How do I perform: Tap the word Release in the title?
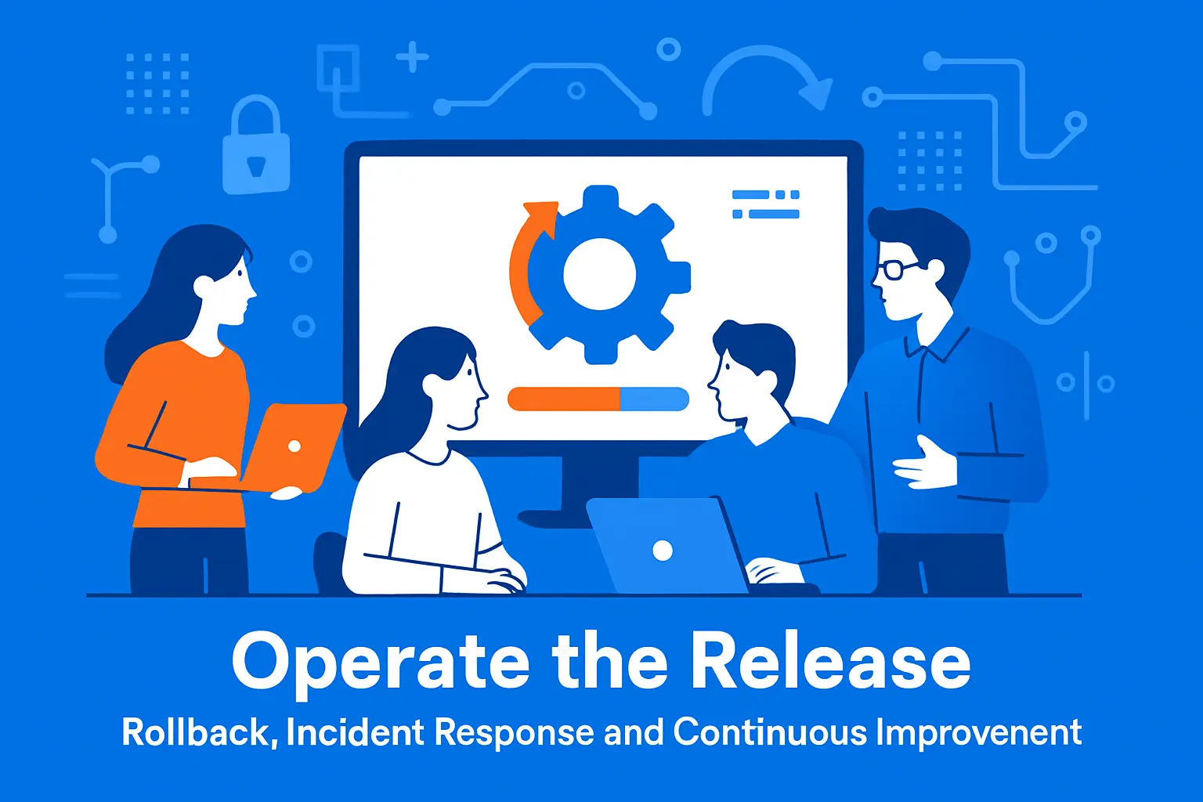tap(830, 663)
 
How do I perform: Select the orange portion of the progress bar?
tap(564, 399)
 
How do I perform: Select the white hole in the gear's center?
tap(599, 274)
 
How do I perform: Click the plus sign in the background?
tap(412, 57)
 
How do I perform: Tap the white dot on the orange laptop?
tap(294, 446)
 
